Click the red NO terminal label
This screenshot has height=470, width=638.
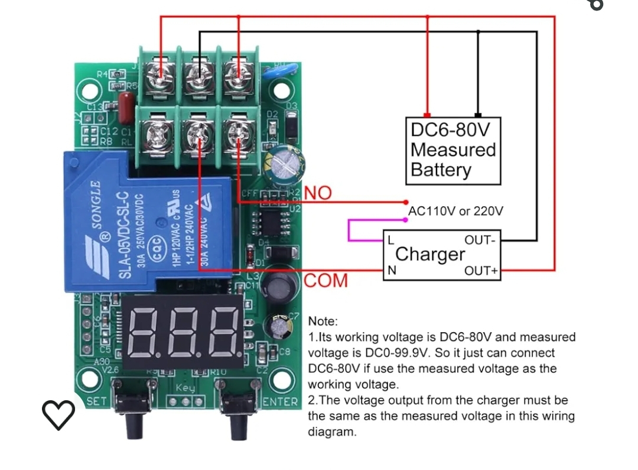pyautogui.click(x=318, y=193)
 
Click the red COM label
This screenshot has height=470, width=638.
pyautogui.click(x=326, y=281)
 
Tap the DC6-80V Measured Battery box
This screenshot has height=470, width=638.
pyautogui.click(x=453, y=150)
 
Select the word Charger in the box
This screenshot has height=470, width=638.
pyautogui.click(x=430, y=255)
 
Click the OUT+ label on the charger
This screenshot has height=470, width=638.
pyautogui.click(x=481, y=271)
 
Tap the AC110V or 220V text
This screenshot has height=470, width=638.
pyautogui.click(x=455, y=211)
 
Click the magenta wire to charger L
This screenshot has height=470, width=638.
pyautogui.click(x=354, y=231)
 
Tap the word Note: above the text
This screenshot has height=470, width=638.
pyautogui.click(x=323, y=322)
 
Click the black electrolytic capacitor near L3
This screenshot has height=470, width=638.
pyautogui.click(x=275, y=286)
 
